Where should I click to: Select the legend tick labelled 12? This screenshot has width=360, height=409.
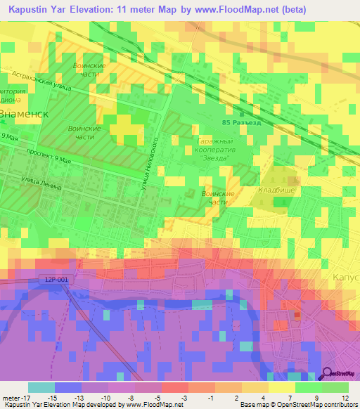[x=346, y=398]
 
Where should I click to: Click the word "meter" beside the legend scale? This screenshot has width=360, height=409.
[x=10, y=398]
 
